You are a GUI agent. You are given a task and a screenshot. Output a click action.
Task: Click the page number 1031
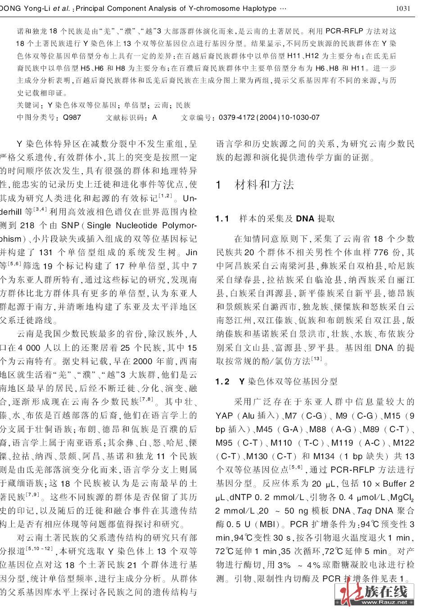click(403, 8)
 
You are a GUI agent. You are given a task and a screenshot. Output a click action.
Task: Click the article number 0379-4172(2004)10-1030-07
click(269, 117)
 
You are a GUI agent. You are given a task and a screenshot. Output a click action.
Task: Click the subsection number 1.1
click(222, 219)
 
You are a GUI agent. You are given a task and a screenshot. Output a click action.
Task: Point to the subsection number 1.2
click(222, 382)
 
